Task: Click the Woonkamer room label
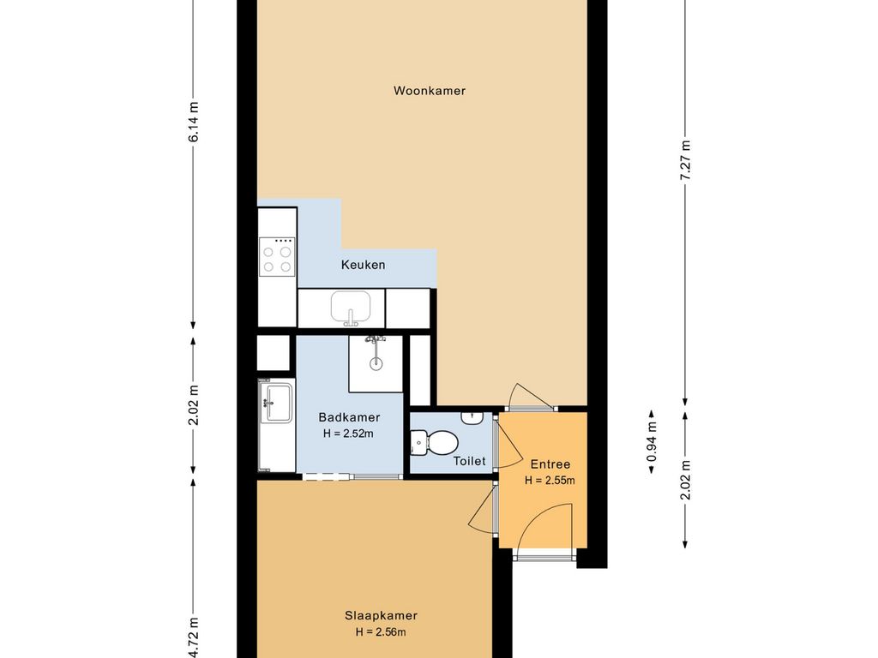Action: [x=430, y=90]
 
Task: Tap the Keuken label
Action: [x=363, y=265]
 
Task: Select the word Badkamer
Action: [x=349, y=417]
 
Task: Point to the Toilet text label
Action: [x=469, y=461]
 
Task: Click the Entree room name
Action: [x=550, y=464]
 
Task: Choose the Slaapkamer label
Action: [x=381, y=615]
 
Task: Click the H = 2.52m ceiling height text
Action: [x=349, y=434]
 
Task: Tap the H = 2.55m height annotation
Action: [x=550, y=481]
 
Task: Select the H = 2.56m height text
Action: [x=381, y=632]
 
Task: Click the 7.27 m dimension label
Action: [x=685, y=159]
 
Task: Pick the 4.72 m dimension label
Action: [x=194, y=637]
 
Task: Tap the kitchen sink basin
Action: [x=351, y=307]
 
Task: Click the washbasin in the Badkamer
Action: [x=277, y=402]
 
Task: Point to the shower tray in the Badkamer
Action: [x=375, y=362]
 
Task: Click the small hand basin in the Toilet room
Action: [x=470, y=417]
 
